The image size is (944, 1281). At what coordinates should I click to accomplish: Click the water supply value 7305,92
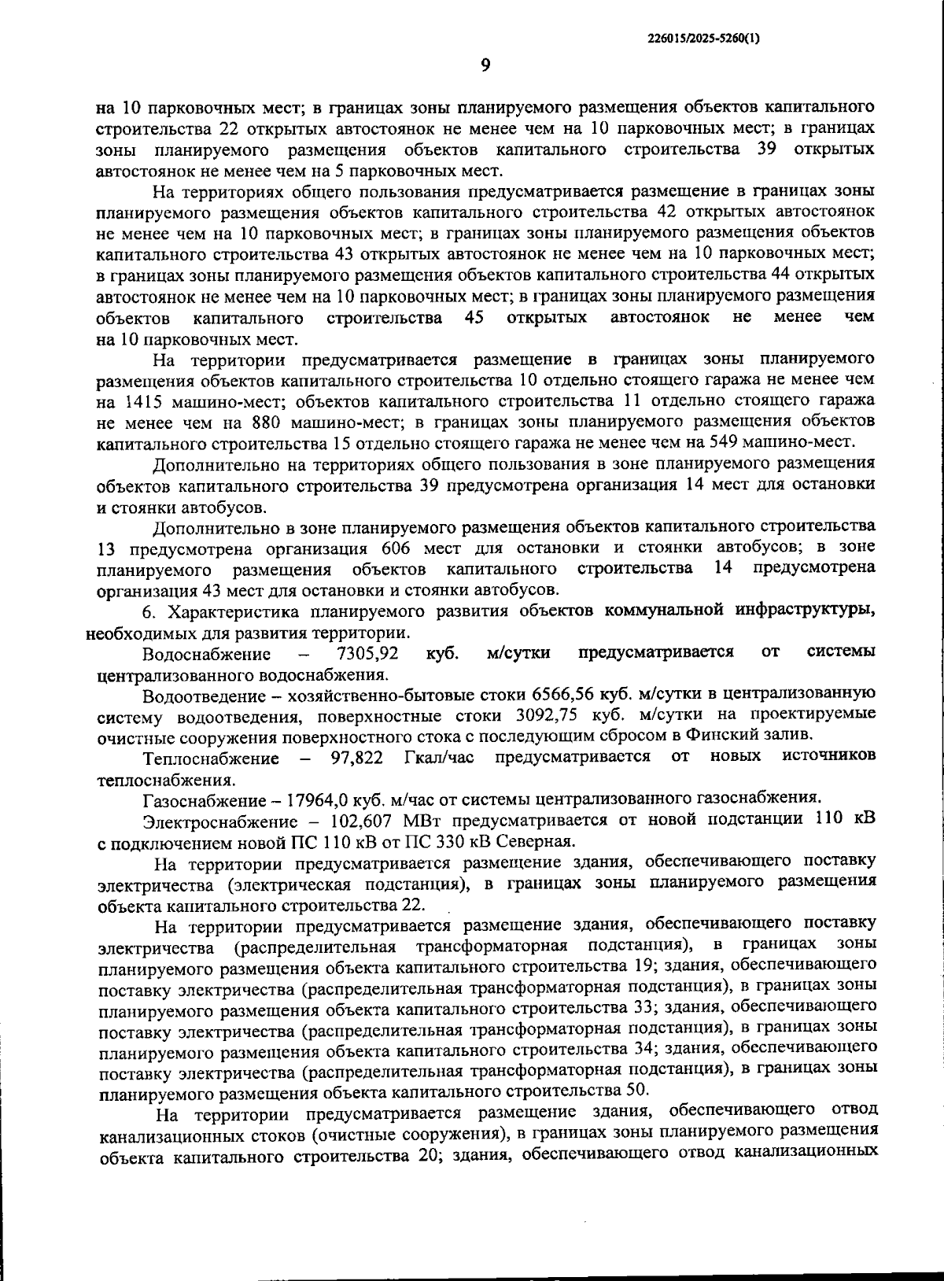(x=367, y=653)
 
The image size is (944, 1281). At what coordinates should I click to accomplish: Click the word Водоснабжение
(x=207, y=653)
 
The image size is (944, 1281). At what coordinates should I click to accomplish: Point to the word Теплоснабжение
(x=211, y=758)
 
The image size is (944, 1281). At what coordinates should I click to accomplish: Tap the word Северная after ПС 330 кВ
(x=548, y=840)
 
